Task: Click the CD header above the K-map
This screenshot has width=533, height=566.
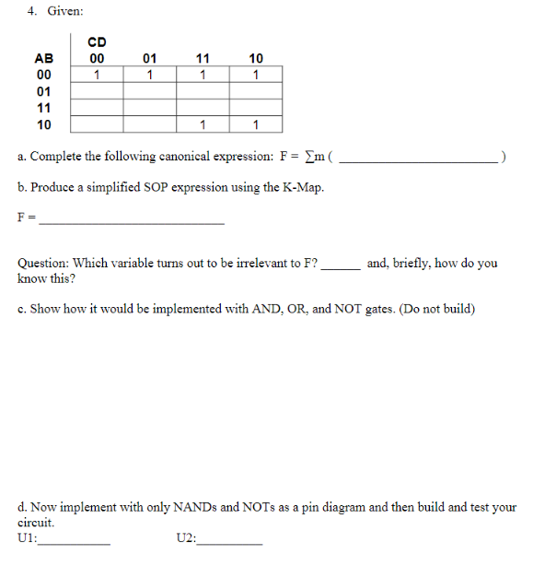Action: click(97, 42)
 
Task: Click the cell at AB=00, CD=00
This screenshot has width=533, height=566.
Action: click(97, 75)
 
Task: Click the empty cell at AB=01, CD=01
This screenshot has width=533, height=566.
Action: click(149, 91)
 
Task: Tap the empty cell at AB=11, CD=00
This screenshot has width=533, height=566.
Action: click(97, 108)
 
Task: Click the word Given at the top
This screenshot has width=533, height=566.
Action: click(64, 11)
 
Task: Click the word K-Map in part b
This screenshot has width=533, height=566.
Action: click(306, 188)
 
